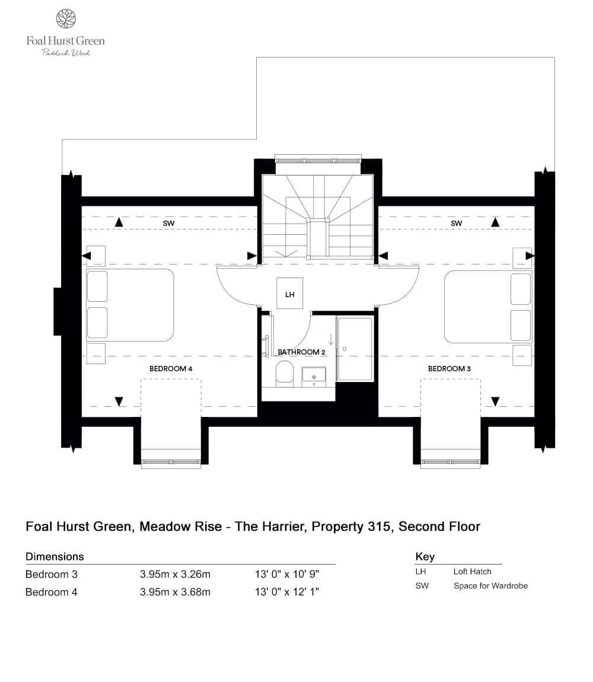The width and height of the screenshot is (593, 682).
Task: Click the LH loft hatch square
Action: tap(289, 294)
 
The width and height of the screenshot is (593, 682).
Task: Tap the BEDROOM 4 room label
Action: tap(171, 368)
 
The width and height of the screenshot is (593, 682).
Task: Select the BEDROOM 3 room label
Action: tap(449, 368)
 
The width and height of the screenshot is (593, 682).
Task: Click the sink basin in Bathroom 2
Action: tap(314, 375)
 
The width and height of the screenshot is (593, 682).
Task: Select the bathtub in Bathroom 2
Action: tap(355, 349)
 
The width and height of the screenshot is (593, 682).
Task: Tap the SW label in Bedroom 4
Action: tap(168, 223)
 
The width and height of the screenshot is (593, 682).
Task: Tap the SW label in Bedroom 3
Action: tap(456, 223)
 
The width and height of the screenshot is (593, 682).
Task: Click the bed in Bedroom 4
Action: tap(130, 305)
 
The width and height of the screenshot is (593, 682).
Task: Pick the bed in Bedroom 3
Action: tap(487, 307)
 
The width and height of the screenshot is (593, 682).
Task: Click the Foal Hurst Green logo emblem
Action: tap(65, 18)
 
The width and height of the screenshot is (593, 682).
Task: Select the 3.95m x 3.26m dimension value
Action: tap(175, 574)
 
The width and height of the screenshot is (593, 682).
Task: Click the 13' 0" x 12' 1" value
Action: tap(287, 592)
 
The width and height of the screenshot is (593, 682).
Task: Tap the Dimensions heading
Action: tap(55, 556)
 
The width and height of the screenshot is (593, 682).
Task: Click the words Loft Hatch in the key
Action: tap(472, 572)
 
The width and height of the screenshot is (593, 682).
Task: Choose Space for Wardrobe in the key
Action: tap(490, 586)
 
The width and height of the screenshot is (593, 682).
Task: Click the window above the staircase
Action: tap(318, 160)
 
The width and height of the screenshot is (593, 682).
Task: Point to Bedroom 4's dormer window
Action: tap(171, 461)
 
